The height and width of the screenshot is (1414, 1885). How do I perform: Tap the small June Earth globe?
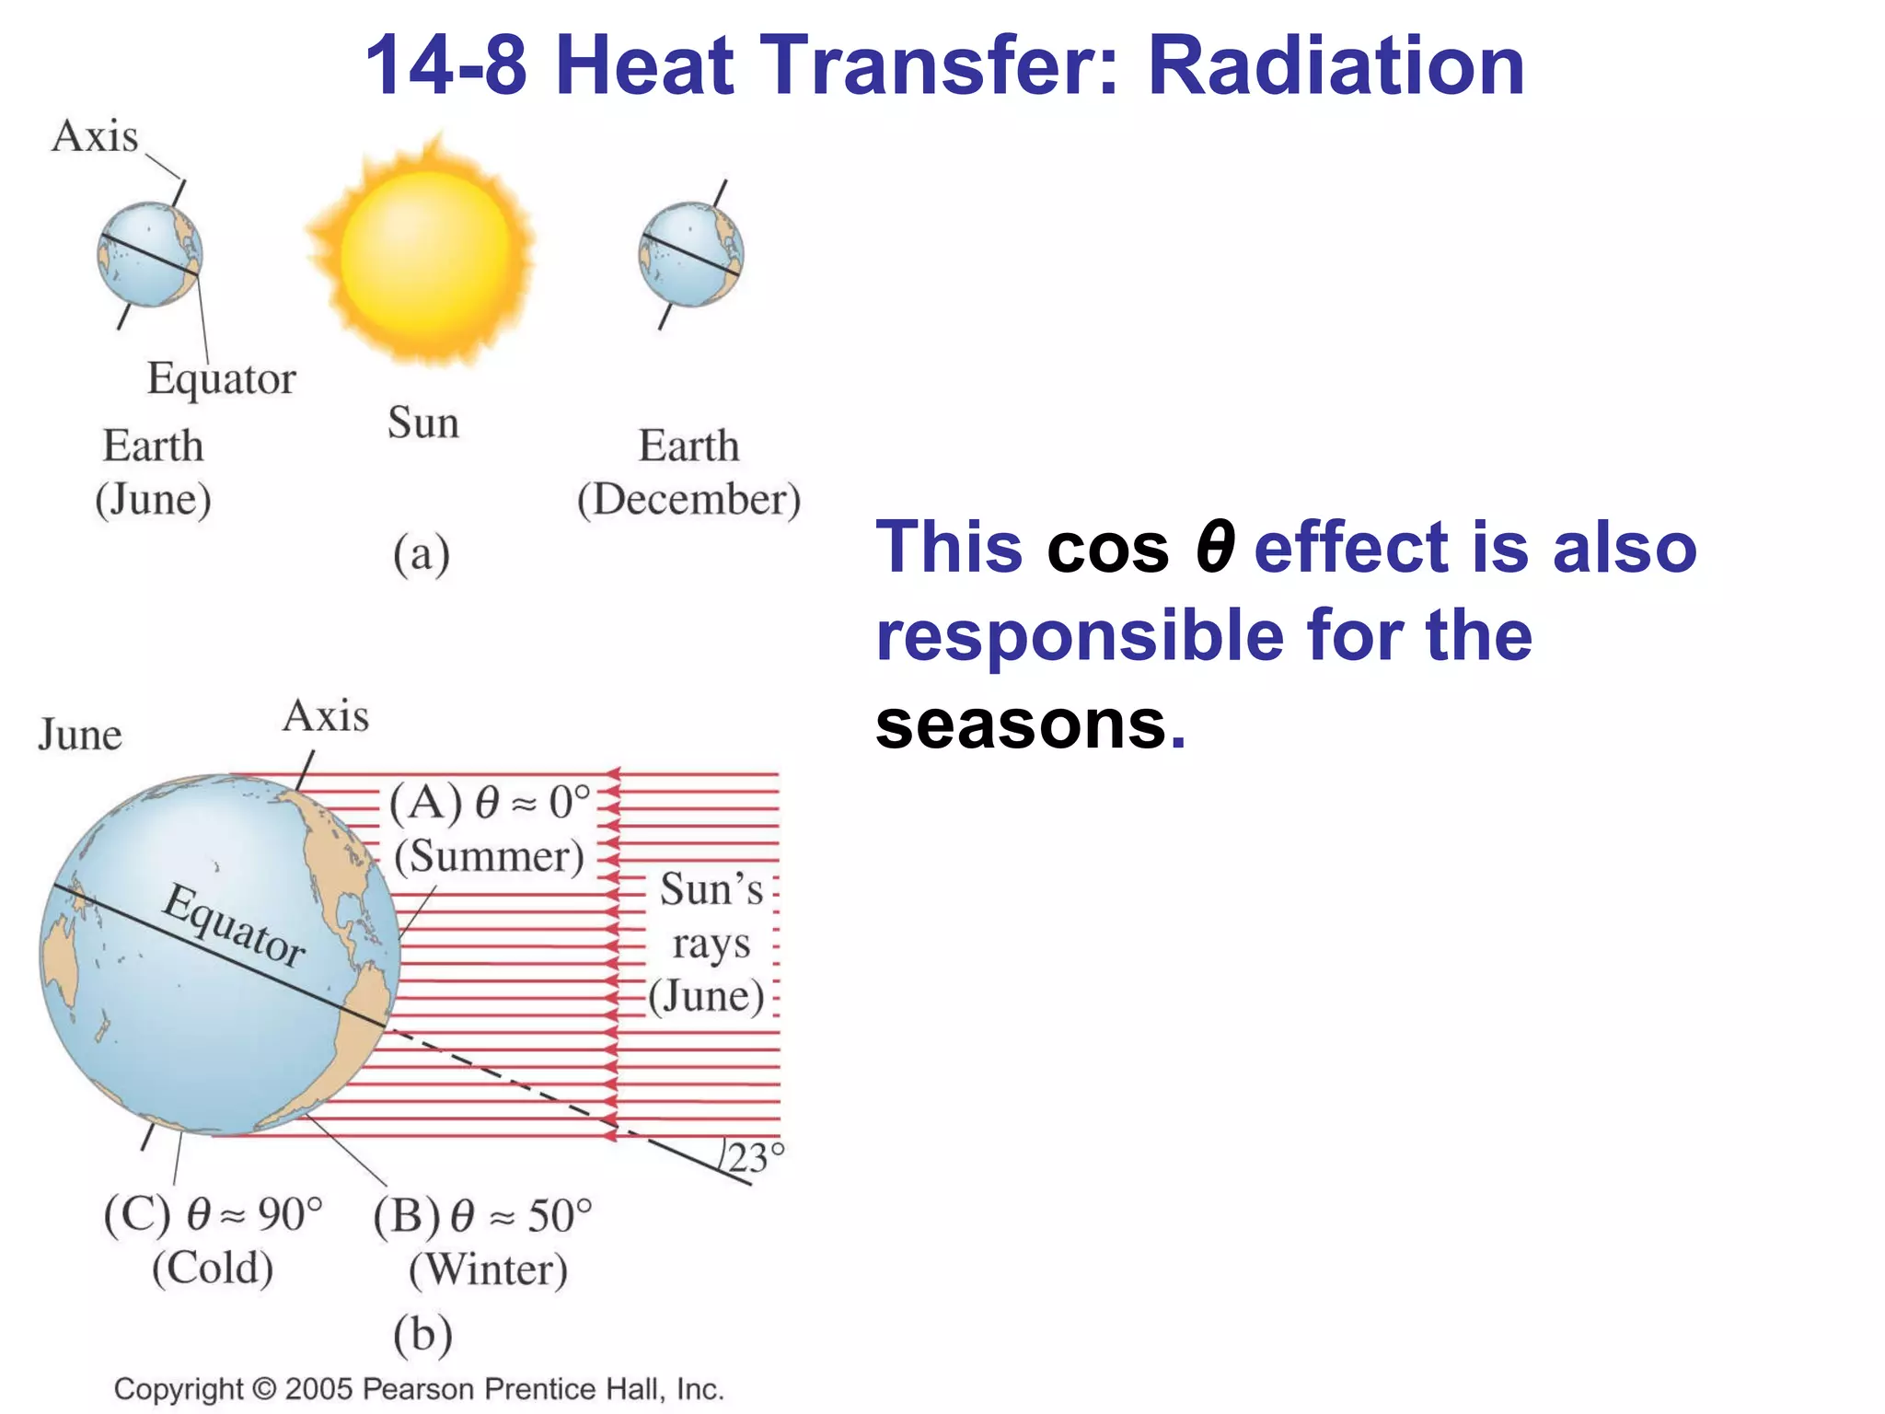coord(149,255)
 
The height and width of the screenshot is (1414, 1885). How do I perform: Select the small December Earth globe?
coord(690,255)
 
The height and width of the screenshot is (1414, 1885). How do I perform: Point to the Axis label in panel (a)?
coord(95,137)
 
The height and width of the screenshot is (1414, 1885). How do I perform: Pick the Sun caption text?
coord(422,423)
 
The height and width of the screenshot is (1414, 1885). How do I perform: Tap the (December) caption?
coord(688,500)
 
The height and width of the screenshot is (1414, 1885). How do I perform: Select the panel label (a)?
coord(422,555)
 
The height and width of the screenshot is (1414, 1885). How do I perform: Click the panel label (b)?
coord(422,1334)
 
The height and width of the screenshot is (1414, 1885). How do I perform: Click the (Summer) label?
coord(489,857)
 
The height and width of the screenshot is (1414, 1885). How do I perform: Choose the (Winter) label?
coord(488,1269)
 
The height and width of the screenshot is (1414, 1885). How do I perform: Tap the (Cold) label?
coord(213,1268)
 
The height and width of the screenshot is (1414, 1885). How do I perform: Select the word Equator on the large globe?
coord(234,925)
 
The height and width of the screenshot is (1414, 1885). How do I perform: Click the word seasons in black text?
coord(1021,724)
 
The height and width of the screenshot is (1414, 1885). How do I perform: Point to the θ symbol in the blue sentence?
coord(1214,548)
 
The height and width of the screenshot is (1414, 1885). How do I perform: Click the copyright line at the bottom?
coord(419,1388)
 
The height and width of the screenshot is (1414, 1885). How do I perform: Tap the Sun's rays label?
coord(710,942)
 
